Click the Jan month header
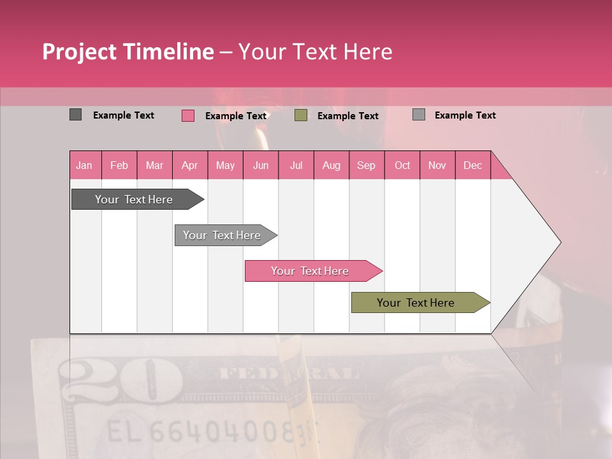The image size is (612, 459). coord(85,165)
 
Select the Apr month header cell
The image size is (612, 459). coord(190,165)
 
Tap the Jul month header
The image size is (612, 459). coord(296,165)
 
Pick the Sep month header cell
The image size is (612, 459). coord(367,165)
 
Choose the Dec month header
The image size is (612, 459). coord(472,165)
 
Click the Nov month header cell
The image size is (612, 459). coord(437,165)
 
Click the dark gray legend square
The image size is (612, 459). coord(75,115)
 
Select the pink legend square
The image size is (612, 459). coord(188,115)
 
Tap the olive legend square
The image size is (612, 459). coord(301,115)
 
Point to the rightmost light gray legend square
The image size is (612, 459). coord(418,115)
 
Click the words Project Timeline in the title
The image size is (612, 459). coord(127,52)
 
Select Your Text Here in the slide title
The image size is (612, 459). coord(315,52)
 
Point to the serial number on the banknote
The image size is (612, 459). coord(210,432)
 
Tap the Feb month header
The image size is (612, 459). coord(119,165)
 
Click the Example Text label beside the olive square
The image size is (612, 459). coord(347,116)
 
